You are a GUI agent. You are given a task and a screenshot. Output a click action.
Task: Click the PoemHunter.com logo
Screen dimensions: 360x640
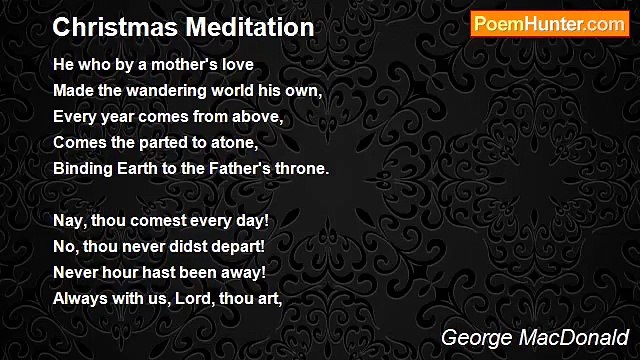click(549, 24)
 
